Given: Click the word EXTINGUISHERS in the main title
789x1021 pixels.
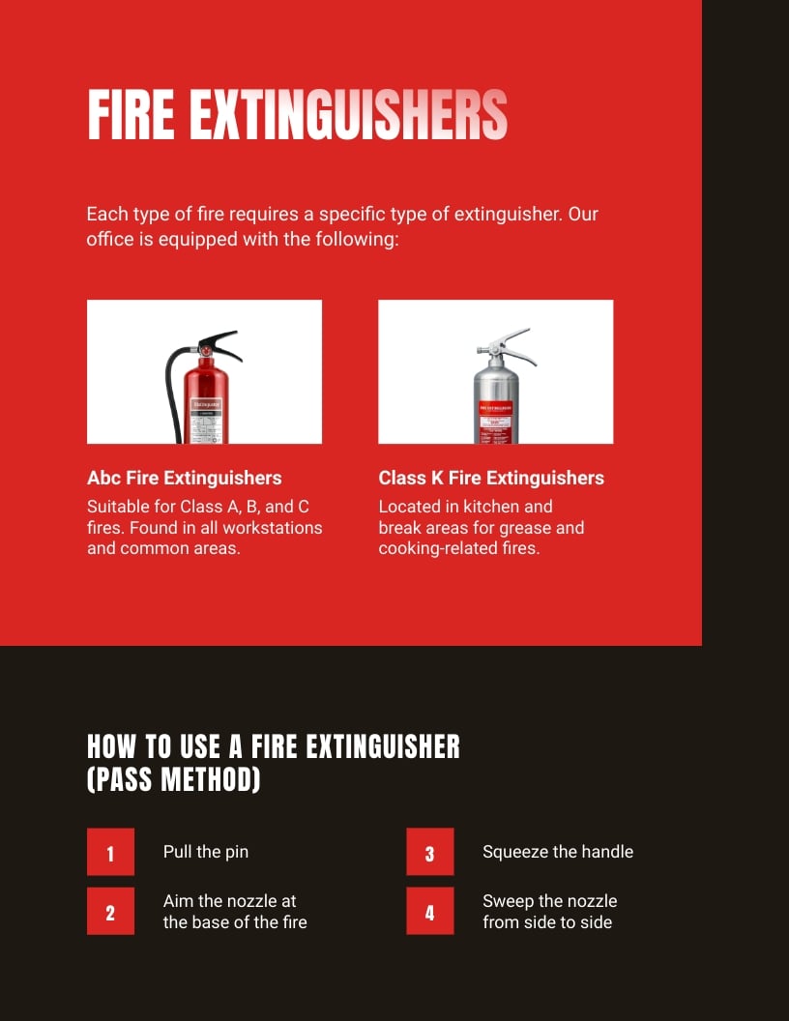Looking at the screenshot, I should tap(347, 116).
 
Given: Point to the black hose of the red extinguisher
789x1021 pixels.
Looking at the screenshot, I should tap(171, 387).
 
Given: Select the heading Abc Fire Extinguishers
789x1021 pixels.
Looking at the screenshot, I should tap(184, 478).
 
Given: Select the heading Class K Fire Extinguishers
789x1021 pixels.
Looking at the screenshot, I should tap(490, 478).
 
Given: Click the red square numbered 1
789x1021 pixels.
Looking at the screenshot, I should tap(110, 853).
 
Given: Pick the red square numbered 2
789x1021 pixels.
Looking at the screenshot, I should tap(110, 912).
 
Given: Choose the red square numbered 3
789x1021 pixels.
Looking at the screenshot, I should tap(430, 853).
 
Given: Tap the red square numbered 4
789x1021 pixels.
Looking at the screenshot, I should tap(430, 912).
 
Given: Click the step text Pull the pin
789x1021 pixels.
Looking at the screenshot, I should tap(205, 852).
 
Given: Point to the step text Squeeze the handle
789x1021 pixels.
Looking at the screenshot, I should tap(557, 852).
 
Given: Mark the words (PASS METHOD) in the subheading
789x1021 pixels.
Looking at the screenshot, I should tap(174, 780).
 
